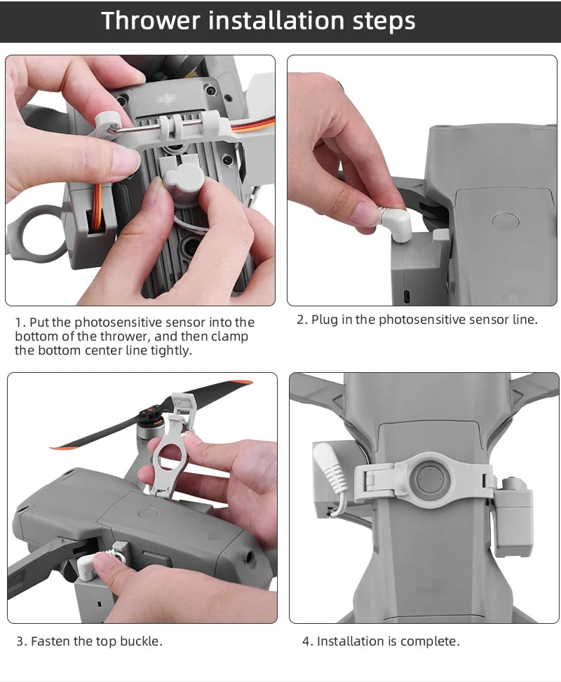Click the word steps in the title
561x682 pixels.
pos(381,21)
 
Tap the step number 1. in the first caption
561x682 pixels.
pos(21,322)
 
